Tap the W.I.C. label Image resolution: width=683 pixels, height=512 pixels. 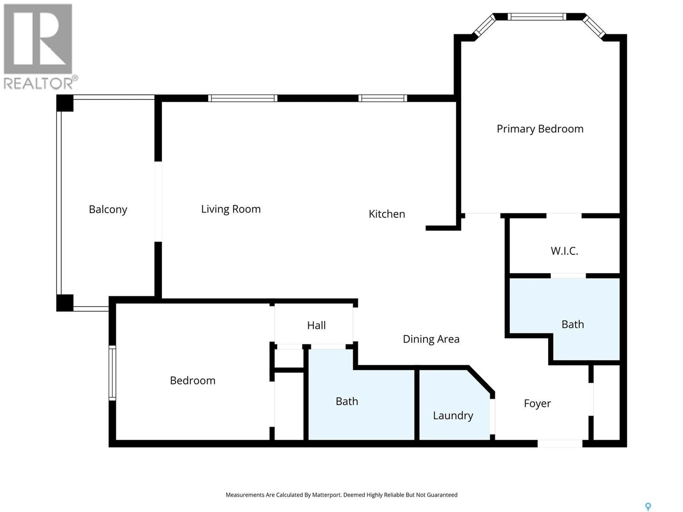pyautogui.click(x=564, y=251)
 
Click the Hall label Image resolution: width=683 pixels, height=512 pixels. pyautogui.click(x=316, y=325)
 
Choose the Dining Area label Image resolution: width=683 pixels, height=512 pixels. pyautogui.click(x=431, y=339)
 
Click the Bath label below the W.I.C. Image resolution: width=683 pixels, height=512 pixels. pyautogui.click(x=573, y=324)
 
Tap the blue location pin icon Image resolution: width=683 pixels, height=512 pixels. pyautogui.click(x=648, y=506)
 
